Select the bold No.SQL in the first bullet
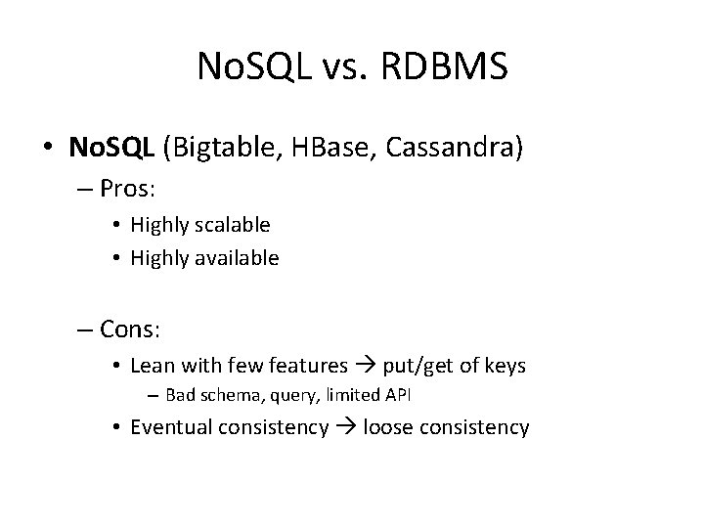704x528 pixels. click(x=111, y=148)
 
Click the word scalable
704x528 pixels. click(x=233, y=224)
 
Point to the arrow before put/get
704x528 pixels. click(x=365, y=367)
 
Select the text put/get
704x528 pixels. click(x=418, y=366)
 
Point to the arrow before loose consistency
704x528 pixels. click(x=346, y=428)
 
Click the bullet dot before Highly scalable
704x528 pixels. click(x=115, y=225)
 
